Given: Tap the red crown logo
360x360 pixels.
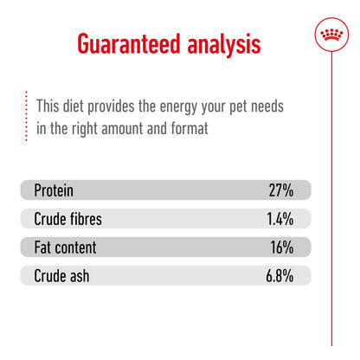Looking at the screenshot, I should pyautogui.click(x=330, y=35).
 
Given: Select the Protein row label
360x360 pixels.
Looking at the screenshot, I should pyautogui.click(x=55, y=190).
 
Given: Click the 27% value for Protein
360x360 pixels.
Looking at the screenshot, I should pyautogui.click(x=280, y=190).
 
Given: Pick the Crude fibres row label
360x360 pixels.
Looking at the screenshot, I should pyautogui.click(x=67, y=219).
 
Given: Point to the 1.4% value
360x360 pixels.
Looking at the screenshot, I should pyautogui.click(x=280, y=219).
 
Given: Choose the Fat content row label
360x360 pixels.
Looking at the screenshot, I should pyautogui.click(x=65, y=247).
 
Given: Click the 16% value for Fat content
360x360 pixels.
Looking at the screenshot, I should pyautogui.click(x=281, y=247).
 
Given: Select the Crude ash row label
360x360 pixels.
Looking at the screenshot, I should pyautogui.click(x=61, y=276).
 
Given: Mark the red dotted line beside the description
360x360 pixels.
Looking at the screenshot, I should pyautogui.click(x=27, y=116).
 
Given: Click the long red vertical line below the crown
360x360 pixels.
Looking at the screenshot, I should pyautogui.click(x=330, y=216).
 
